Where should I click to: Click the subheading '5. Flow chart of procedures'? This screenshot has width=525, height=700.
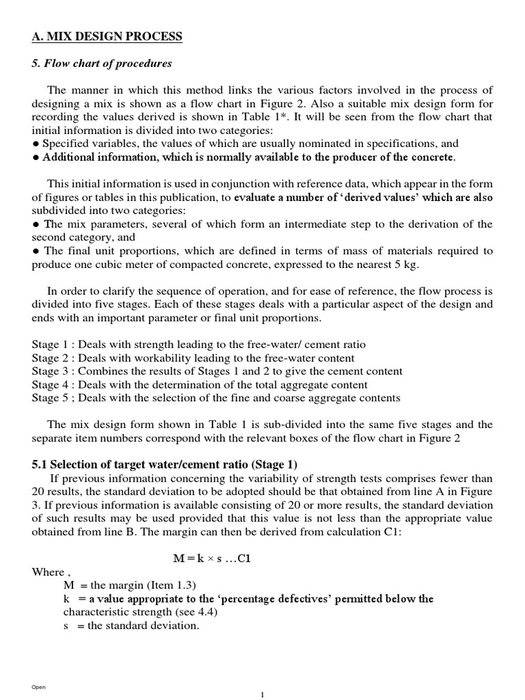click(102, 64)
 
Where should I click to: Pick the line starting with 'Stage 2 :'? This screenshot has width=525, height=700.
click(193, 358)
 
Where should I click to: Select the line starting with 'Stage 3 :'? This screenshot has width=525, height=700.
click(217, 371)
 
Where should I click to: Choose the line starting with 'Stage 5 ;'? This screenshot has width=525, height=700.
click(216, 398)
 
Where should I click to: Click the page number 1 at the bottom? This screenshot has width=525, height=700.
click(262, 694)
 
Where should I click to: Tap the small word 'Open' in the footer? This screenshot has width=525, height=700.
click(38, 686)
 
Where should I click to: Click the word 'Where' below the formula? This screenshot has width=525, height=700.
click(48, 571)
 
